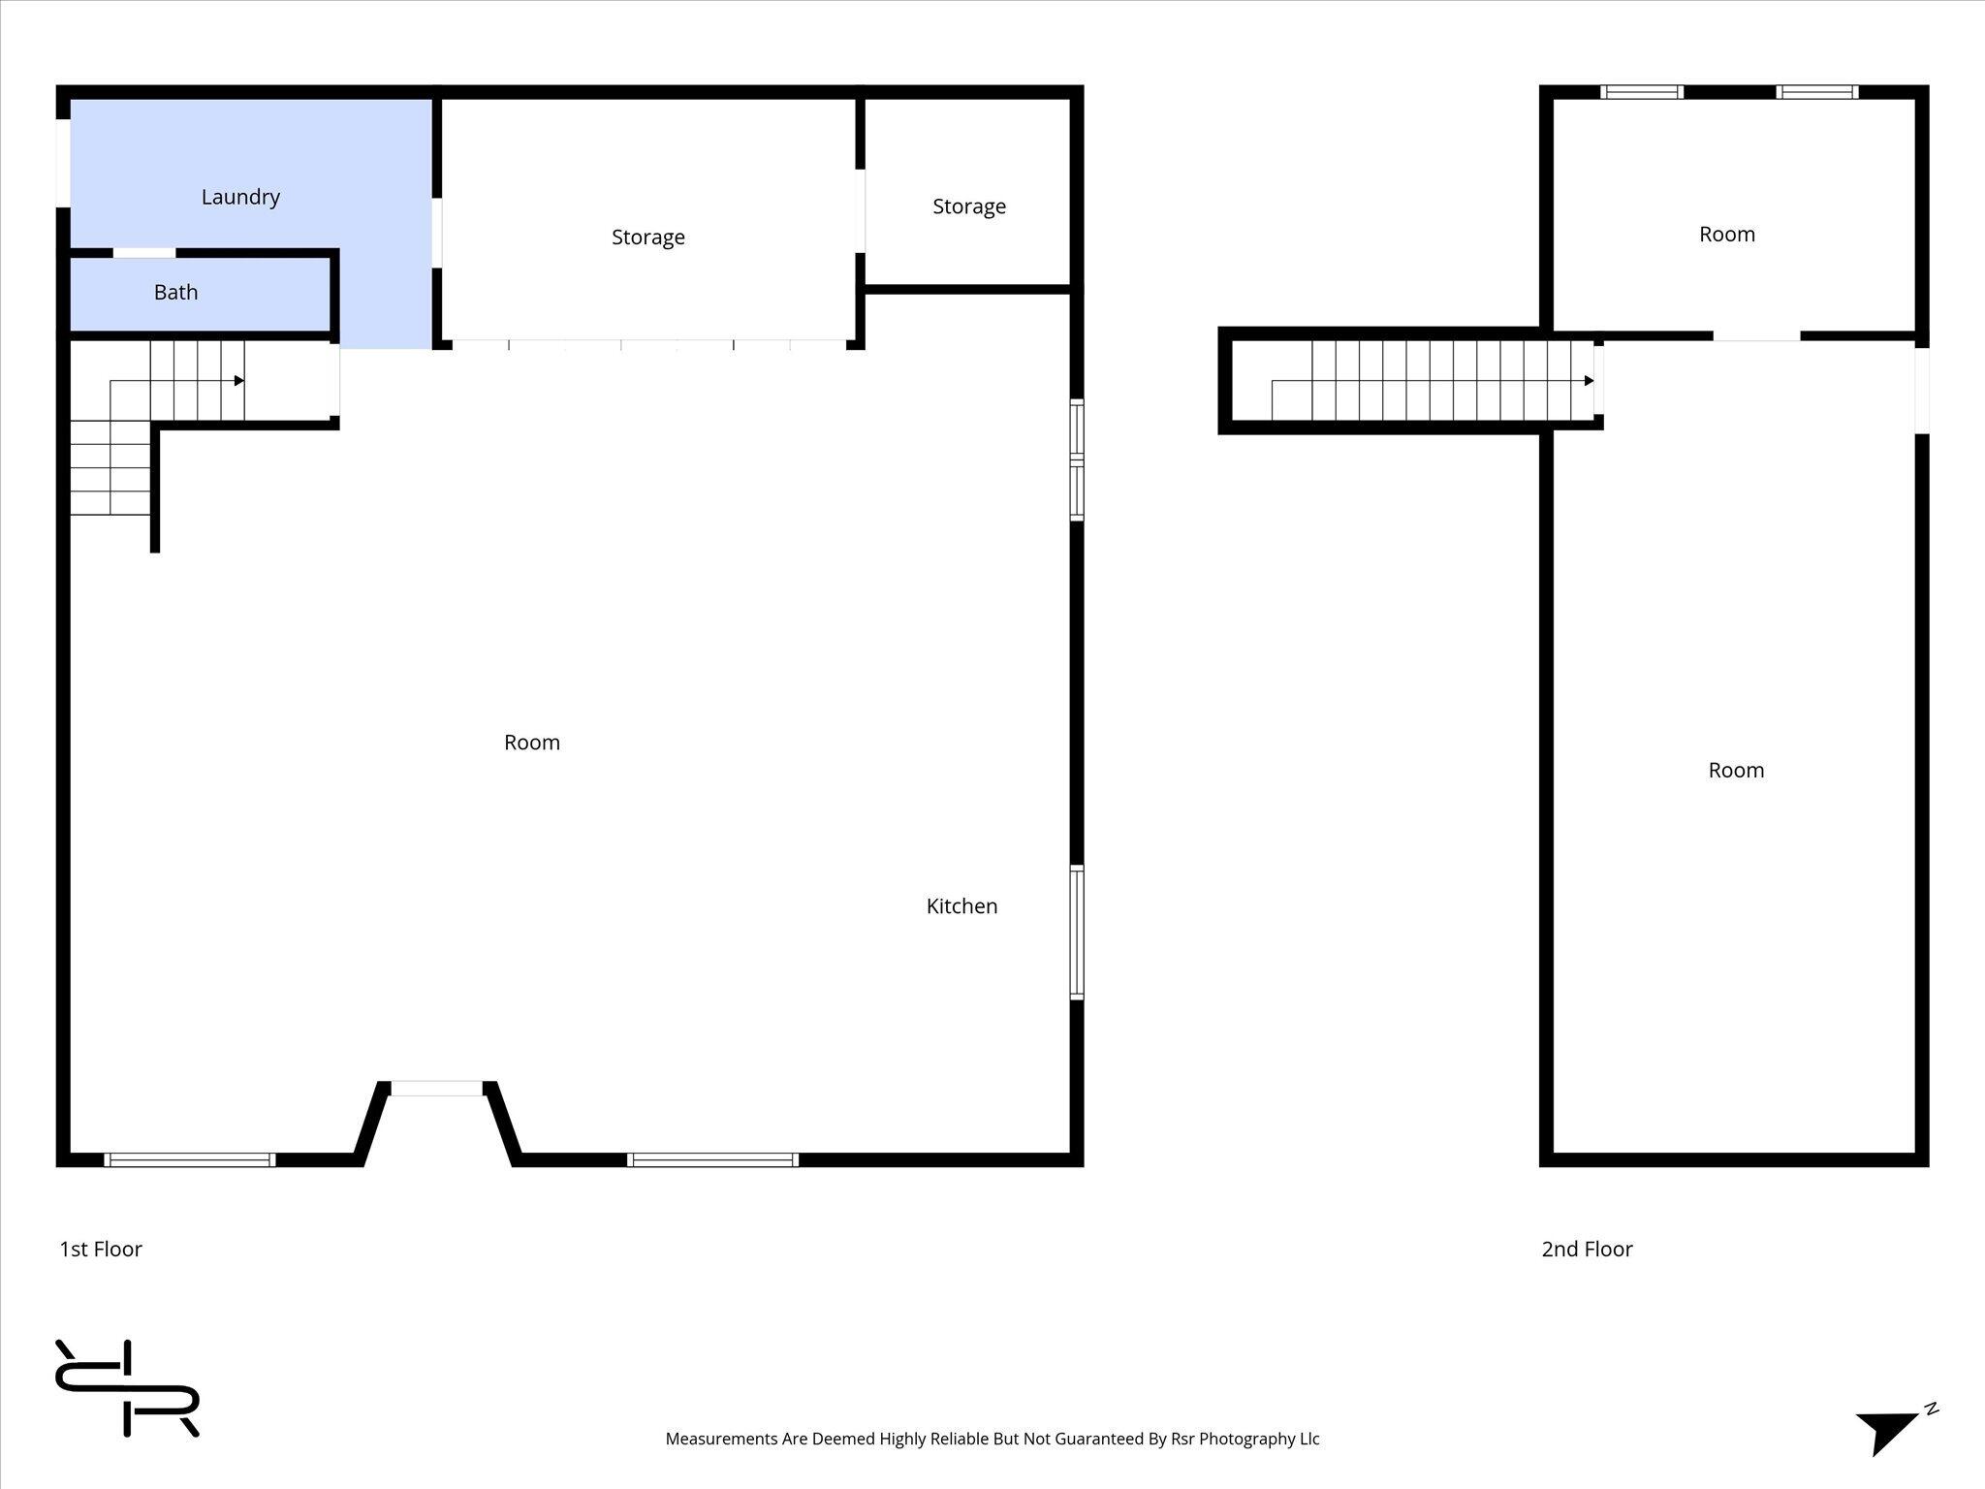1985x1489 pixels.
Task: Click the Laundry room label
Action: click(240, 197)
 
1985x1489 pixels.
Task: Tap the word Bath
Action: click(175, 292)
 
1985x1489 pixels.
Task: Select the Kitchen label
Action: click(961, 905)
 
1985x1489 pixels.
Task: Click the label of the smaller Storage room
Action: click(969, 206)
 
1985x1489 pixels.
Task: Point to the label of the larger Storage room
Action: click(647, 238)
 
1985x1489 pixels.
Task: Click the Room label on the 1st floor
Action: click(532, 743)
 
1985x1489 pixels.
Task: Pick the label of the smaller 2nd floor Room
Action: click(1726, 235)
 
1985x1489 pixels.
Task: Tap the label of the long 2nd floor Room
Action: click(1735, 771)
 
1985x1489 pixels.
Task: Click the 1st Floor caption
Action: click(101, 1249)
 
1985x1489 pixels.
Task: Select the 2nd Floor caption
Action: click(1587, 1249)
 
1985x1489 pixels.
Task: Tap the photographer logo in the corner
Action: click(127, 1387)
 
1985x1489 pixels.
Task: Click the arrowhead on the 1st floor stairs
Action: click(238, 381)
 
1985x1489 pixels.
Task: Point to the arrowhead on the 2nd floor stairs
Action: click(1589, 381)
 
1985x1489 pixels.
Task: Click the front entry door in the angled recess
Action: click(436, 1089)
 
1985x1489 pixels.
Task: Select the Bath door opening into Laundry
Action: click(144, 254)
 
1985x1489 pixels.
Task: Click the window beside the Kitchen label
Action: click(1076, 932)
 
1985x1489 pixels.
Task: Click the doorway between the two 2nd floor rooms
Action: click(1756, 336)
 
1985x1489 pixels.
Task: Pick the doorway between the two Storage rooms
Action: click(860, 211)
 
